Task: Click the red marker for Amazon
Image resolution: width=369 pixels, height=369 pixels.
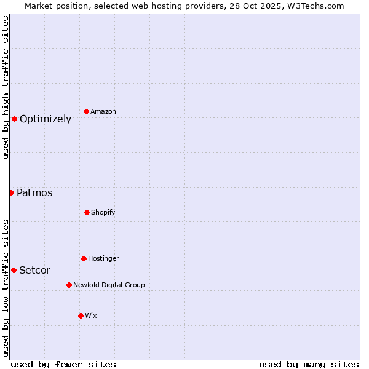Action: coord(86,111)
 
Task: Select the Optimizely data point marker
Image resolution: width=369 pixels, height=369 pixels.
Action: coord(14,119)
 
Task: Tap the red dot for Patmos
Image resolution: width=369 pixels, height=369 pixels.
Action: coord(11,192)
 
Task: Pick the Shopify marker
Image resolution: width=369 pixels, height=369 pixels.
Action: coord(87,212)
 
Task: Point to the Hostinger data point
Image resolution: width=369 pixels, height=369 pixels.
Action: coord(84,258)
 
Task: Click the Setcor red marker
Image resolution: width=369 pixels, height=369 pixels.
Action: coord(14,270)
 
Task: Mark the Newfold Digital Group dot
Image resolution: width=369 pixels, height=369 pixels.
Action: coord(69,285)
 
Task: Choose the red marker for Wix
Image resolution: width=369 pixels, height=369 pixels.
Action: coord(81,315)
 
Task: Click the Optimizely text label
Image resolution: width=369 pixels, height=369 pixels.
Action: coord(46,119)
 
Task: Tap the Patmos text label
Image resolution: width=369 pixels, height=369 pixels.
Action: coord(34,193)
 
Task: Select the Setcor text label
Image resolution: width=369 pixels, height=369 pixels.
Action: coord(34,271)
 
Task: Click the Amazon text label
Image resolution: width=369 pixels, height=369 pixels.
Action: coord(103,112)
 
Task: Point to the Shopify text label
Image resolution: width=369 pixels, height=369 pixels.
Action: coord(103,213)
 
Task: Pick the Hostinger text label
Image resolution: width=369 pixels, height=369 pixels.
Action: coord(103,259)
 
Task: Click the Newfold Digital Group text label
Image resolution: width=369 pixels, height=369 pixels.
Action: coord(109,285)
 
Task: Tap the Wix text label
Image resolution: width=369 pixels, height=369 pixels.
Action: coord(91,316)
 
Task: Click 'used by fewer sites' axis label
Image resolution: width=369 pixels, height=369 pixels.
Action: coord(63,365)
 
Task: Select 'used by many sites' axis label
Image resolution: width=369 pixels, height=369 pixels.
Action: coord(309,365)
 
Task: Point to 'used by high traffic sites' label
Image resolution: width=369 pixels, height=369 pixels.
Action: coord(6,87)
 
